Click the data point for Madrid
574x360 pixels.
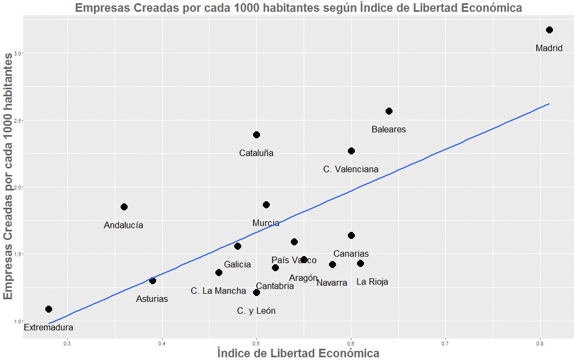[549, 30]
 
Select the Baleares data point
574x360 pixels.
[389, 111]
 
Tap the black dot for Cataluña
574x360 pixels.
[256, 135]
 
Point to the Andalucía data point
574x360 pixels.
[124, 207]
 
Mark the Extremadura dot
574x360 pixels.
[48, 309]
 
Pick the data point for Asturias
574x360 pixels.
[152, 280]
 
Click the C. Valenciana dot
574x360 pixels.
[351, 151]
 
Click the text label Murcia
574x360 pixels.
[265, 223]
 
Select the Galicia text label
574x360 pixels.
[237, 264]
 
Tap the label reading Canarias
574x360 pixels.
[351, 253]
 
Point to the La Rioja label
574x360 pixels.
[372, 281]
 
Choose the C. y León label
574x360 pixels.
[256, 310]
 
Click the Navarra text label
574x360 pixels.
[332, 283]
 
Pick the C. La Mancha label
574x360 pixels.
[218, 291]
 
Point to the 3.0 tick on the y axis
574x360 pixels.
[17, 53]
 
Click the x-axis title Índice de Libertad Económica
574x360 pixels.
[298, 353]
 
